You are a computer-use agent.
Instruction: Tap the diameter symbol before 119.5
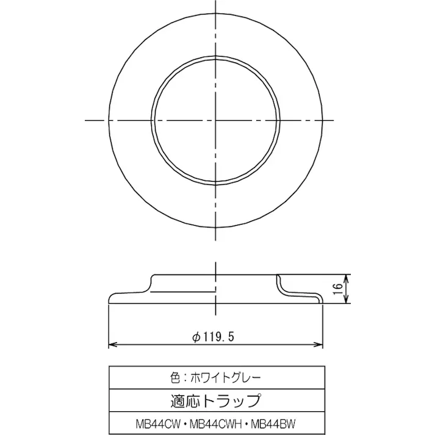195,336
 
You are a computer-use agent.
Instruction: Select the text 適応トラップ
217,401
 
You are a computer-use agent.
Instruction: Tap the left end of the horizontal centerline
86,120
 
